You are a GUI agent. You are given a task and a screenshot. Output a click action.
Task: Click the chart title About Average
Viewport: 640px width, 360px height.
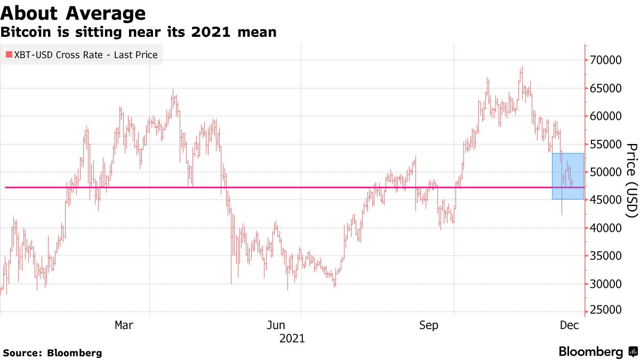click(x=73, y=13)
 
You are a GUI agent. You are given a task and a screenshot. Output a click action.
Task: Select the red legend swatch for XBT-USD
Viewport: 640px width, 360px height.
click(x=9, y=54)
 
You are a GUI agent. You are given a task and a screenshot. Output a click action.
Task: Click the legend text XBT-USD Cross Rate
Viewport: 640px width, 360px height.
click(x=58, y=54)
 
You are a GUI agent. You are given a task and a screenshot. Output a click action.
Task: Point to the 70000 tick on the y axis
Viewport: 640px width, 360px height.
click(x=606, y=60)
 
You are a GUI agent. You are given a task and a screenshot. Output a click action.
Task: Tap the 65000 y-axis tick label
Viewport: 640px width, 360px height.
click(x=606, y=88)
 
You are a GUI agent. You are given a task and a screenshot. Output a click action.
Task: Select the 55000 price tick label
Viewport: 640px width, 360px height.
click(x=606, y=144)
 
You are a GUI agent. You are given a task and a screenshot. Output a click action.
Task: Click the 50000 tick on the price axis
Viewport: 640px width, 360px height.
click(x=606, y=172)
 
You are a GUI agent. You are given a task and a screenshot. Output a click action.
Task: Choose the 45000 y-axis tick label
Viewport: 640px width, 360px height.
click(x=606, y=200)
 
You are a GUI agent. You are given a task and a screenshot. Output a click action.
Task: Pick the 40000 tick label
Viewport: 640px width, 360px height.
click(x=606, y=228)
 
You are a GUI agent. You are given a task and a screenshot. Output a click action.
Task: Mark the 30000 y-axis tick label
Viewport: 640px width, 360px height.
click(x=606, y=284)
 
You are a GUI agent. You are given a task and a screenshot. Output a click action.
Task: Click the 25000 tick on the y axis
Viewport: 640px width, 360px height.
click(x=606, y=311)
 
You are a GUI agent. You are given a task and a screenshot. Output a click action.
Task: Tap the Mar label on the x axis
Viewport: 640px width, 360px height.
click(x=124, y=325)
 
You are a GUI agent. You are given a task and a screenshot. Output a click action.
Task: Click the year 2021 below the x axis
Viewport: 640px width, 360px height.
click(x=292, y=338)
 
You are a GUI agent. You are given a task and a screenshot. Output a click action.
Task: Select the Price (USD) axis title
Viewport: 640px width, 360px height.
click(x=631, y=180)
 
